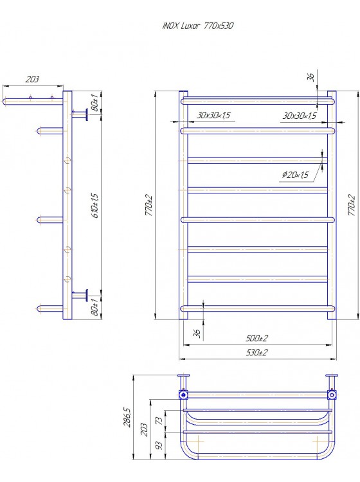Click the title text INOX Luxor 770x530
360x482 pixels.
tap(197, 26)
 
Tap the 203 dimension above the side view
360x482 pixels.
tap(32, 79)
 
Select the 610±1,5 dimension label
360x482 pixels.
tap(95, 206)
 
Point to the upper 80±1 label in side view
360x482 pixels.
tap(95, 103)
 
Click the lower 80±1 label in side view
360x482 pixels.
tap(95, 307)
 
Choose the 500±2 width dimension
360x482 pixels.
tap(256, 338)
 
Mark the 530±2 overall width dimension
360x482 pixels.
tap(256, 352)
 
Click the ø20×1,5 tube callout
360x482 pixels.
tap(295, 175)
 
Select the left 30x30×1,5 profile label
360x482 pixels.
tap(213, 115)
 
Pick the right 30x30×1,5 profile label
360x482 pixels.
tap(300, 116)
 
